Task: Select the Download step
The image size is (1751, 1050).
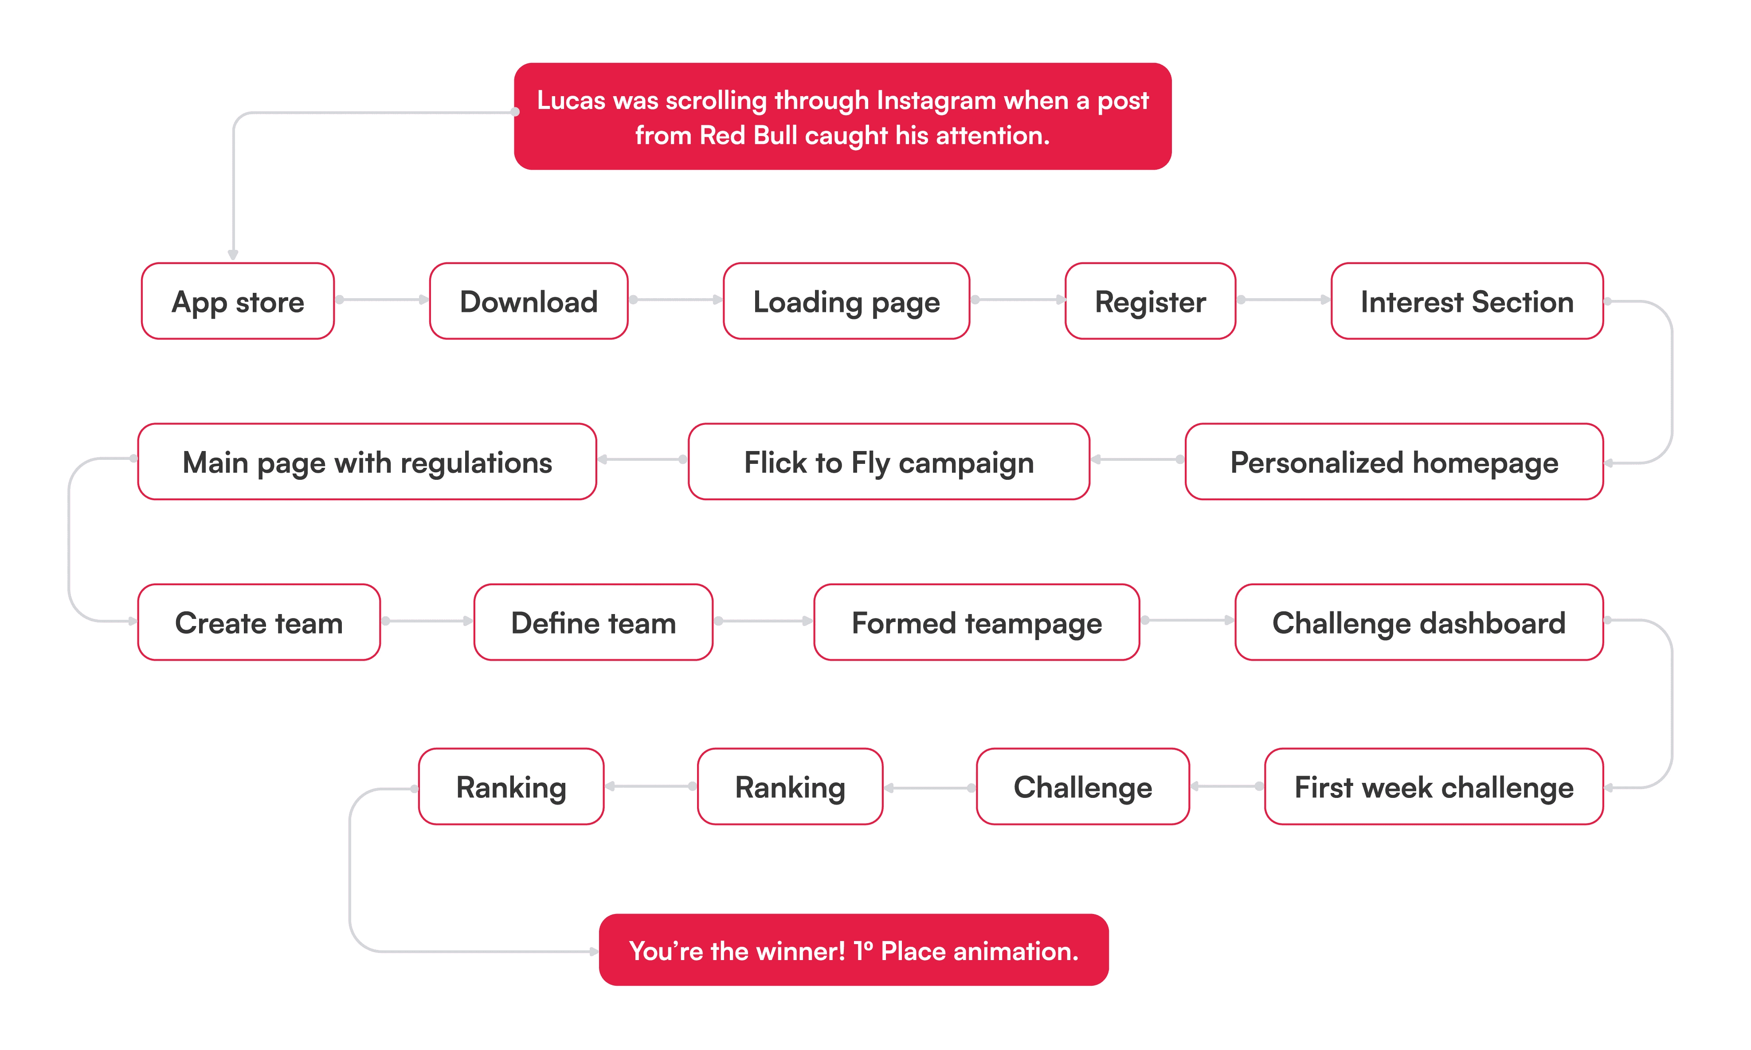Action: [x=528, y=301]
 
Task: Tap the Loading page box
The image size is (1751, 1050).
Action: [x=846, y=301]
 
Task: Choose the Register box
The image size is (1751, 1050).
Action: [x=1150, y=301]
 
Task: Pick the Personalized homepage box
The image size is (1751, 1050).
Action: [x=1394, y=462]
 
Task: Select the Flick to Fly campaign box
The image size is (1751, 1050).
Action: [x=889, y=462]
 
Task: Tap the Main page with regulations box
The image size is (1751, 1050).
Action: [x=367, y=462]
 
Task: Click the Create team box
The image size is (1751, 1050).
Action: [x=259, y=622]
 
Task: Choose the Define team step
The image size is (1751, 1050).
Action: [x=593, y=622]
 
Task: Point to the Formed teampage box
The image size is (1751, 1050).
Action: [x=976, y=622]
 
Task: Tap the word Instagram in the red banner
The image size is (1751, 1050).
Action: [x=936, y=101]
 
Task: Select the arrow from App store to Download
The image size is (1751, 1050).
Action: [x=382, y=300]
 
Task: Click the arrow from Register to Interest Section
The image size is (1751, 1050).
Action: [x=1283, y=300]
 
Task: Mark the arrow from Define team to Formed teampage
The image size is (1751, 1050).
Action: [x=763, y=621]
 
